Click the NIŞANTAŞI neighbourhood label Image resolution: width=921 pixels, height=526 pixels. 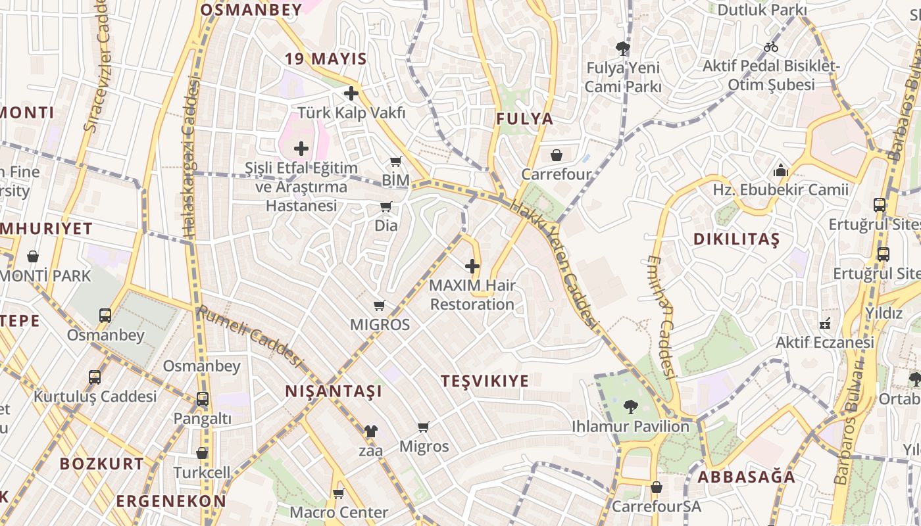tap(334, 392)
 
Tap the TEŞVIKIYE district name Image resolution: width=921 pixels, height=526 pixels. tap(485, 381)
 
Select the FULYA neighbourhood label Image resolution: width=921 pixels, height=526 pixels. tap(524, 119)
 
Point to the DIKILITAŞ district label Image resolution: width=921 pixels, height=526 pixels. tap(736, 239)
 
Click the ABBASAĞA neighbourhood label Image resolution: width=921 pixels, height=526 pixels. tap(746, 477)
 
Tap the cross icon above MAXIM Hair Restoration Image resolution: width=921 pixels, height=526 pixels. tap(472, 266)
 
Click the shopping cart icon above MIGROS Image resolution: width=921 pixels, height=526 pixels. tap(379, 305)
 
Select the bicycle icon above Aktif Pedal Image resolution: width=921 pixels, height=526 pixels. tap(771, 47)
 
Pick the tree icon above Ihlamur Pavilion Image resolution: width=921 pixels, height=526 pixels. tap(630, 407)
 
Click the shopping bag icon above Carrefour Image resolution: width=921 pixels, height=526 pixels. tap(557, 155)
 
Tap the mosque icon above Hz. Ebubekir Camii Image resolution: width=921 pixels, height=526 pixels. tap(781, 170)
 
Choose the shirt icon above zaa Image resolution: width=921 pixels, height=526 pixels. tap(371, 431)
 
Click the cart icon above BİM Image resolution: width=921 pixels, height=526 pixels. tap(396, 161)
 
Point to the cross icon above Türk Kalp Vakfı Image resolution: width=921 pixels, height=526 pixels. tap(351, 93)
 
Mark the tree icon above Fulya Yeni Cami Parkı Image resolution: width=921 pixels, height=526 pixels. tap(622, 48)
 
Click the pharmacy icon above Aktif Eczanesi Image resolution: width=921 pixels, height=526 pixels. tap(824, 323)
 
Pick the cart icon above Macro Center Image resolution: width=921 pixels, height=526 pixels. tap(339, 492)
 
